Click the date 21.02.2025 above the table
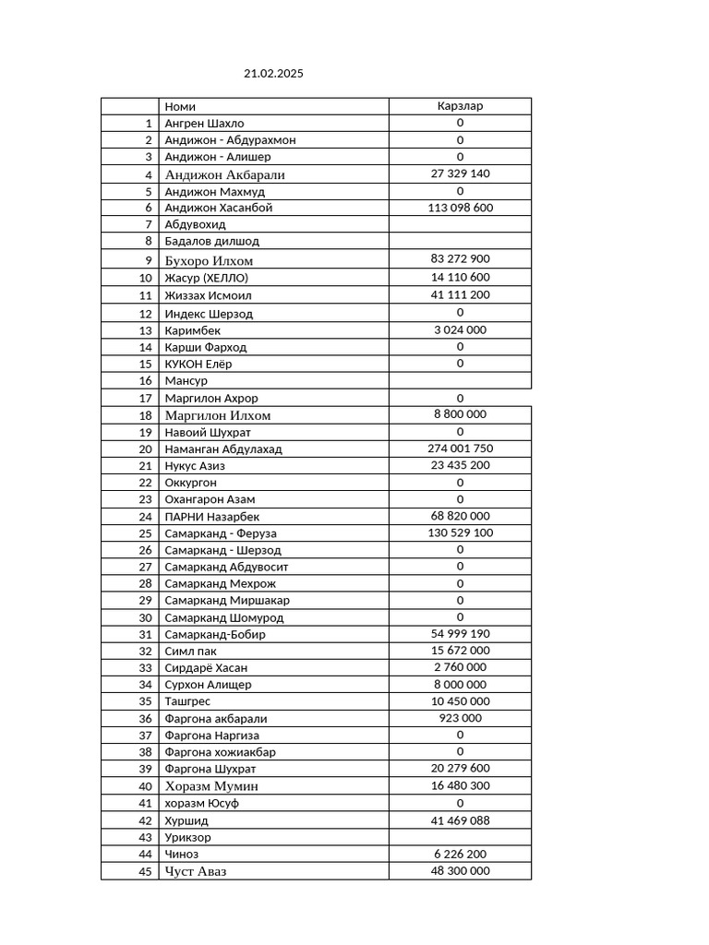(273, 73)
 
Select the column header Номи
(180, 106)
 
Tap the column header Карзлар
(460, 106)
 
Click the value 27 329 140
(460, 173)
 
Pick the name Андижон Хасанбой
(219, 208)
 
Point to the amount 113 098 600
(460, 208)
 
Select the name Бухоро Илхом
(209, 260)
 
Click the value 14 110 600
(460, 277)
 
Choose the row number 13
(145, 330)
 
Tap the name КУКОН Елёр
(198, 364)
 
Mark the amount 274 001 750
(460, 449)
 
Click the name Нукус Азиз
(195, 466)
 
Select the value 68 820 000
(460, 516)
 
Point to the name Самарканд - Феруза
(221, 533)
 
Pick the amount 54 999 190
(460, 634)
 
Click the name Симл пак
(191, 652)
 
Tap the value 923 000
(460, 718)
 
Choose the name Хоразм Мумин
(211, 786)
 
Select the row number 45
(145, 871)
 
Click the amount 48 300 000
(460, 871)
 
